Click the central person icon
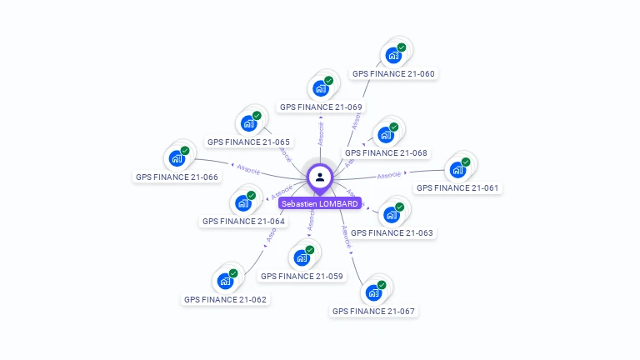pos(320,177)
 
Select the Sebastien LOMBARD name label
pos(320,203)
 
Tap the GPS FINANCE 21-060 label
pos(393,73)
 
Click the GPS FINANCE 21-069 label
pos(321,107)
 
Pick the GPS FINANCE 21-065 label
pos(248,142)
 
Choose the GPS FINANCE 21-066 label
pos(177,177)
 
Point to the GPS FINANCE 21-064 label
pos(243,221)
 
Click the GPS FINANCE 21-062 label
pos(225,299)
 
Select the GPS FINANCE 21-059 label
pos(302,276)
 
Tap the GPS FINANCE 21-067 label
pos(373,311)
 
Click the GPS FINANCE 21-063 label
pos(391,232)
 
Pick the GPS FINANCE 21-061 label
pos(457,187)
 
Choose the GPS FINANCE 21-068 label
pos(386,152)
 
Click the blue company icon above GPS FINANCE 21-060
pos(392,56)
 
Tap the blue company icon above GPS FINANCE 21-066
pos(176,158)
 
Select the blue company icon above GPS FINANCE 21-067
pos(372,292)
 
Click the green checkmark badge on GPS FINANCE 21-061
pos(466,162)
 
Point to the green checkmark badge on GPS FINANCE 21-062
pos(233,273)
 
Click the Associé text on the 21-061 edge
pos(389,175)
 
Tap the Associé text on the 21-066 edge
pos(248,168)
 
